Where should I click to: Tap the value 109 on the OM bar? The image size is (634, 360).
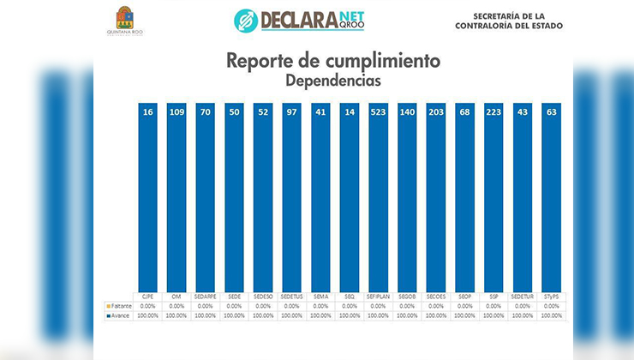coord(176,113)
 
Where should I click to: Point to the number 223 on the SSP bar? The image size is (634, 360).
coord(493,113)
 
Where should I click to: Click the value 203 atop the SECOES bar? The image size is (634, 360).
coord(436,113)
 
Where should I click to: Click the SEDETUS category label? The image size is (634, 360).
coord(291,297)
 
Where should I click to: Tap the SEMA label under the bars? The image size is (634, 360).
coord(320,297)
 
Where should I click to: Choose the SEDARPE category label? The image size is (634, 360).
coord(206,297)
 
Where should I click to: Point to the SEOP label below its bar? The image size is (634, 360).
coord(464,297)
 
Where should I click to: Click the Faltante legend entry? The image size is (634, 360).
coord(118,306)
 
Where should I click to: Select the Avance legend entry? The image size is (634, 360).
coord(118,315)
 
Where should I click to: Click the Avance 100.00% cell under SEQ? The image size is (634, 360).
coord(350,315)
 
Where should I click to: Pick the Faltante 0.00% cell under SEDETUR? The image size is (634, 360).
coord(523,306)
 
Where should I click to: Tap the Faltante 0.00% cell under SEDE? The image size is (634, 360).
coord(234,306)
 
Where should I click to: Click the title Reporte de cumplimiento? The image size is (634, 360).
coord(333,61)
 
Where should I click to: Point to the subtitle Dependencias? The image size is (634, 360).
coord(333,80)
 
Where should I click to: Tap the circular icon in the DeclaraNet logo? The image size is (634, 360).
coord(246,20)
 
